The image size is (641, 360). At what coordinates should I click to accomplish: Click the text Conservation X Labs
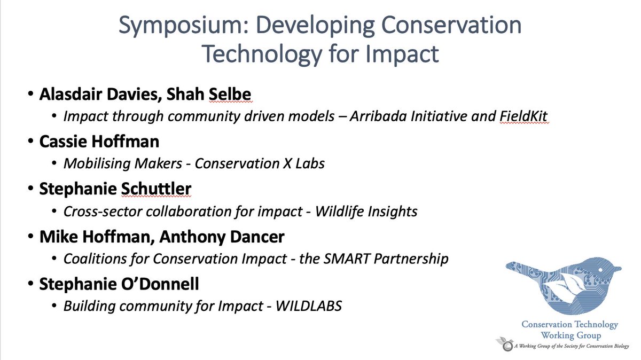(260, 164)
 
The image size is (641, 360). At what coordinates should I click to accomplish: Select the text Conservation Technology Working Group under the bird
(570, 330)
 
